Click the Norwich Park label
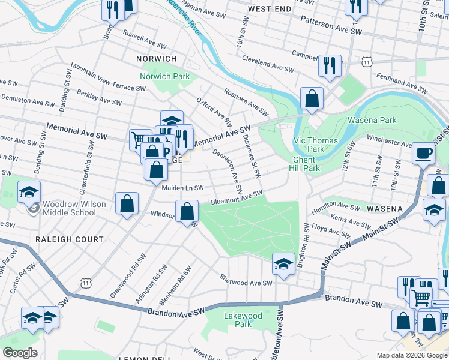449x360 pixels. click(164, 76)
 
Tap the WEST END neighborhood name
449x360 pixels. click(269, 9)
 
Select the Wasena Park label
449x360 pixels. click(372, 120)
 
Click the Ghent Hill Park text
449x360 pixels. click(306, 164)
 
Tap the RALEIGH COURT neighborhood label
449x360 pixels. click(69, 239)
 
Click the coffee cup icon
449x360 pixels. click(423, 153)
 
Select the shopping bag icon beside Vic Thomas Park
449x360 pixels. click(312, 99)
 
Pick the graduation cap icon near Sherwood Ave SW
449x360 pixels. click(283, 263)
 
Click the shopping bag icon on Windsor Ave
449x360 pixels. click(187, 211)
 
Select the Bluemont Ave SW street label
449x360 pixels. click(237, 197)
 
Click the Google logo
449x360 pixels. click(20, 353)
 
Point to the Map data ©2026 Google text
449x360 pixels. click(411, 355)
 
